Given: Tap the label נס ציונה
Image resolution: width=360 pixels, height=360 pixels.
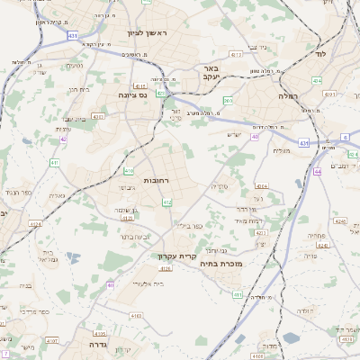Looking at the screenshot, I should (132, 94).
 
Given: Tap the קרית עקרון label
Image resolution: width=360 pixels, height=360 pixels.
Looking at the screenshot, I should (176, 256).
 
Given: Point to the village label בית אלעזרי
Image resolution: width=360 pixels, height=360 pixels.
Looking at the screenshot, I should (145, 282).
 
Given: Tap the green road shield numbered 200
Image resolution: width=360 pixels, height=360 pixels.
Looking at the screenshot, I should (228, 101).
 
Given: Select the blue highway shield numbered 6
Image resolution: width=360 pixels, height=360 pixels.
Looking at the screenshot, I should (345, 138).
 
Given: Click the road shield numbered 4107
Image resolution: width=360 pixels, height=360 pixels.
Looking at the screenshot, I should (51, 341).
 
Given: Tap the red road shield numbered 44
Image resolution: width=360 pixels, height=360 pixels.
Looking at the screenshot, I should (318, 171).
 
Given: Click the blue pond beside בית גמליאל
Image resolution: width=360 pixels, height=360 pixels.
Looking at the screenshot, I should (69, 257).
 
